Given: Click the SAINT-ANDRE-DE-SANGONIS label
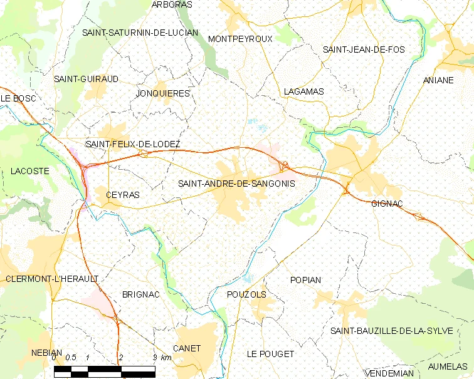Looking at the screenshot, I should [236, 184].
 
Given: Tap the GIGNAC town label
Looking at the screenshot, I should [387, 204].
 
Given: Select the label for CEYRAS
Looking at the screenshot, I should [123, 195].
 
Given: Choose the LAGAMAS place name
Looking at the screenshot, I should [303, 91].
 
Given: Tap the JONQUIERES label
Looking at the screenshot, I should [162, 93].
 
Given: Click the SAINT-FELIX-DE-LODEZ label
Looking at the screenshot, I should [133, 144].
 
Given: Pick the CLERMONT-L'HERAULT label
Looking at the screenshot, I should [52, 278].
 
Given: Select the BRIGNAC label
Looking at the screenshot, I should [141, 294].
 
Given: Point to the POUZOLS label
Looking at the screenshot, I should [246, 294].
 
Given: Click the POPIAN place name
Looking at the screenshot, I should [306, 280].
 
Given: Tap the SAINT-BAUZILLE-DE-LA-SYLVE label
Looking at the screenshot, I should [391, 331].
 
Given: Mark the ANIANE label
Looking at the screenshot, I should [438, 81].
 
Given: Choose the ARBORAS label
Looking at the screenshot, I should [172, 4].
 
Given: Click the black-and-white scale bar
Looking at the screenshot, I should [104, 371].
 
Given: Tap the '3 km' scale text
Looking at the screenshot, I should [162, 358].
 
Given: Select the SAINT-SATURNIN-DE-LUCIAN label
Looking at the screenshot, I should [140, 33].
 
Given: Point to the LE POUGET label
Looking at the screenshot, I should [270, 354].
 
